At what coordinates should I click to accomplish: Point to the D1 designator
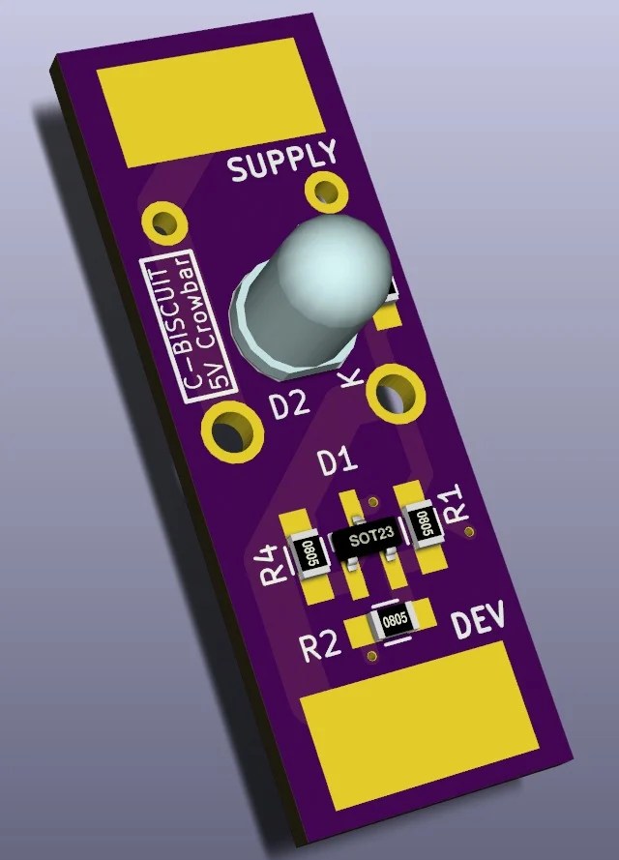point(338,462)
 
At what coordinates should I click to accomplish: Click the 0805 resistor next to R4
point(309,553)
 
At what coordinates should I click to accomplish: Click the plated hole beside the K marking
point(397,392)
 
